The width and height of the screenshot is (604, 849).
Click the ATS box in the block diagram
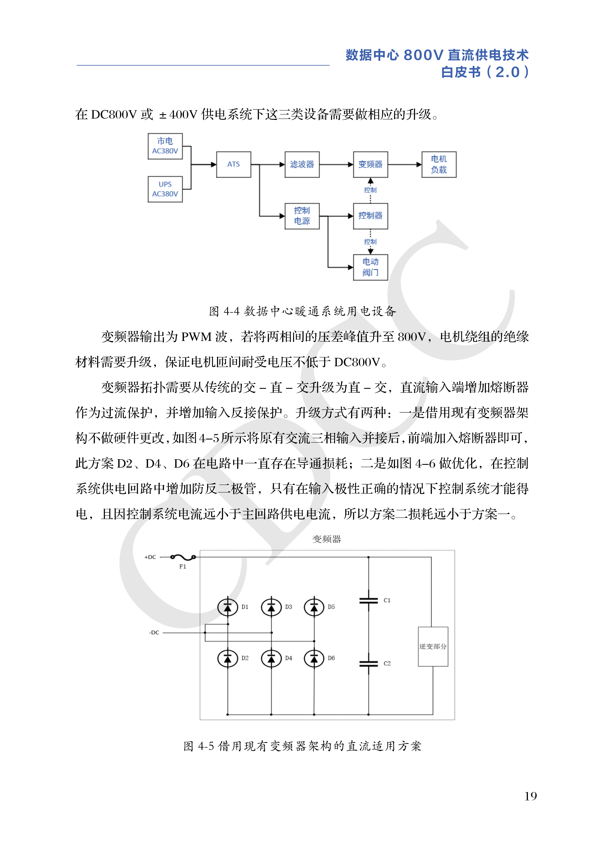pos(234,165)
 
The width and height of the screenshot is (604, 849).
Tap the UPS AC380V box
pos(165,189)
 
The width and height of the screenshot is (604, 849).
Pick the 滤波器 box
pos(302,165)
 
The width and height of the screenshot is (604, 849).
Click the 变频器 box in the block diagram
pos(370,165)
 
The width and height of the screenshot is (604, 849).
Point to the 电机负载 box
pos(439,165)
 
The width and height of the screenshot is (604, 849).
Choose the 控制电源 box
pos(302,216)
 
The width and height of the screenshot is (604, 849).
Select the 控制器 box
pos(370,216)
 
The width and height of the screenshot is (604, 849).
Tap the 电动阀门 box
pos(370,267)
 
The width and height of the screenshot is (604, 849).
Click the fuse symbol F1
pos(183,557)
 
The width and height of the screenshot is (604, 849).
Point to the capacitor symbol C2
pos(369,664)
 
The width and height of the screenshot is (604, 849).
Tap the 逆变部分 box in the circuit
pos(433,647)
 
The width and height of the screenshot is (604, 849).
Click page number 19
pos(530,796)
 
